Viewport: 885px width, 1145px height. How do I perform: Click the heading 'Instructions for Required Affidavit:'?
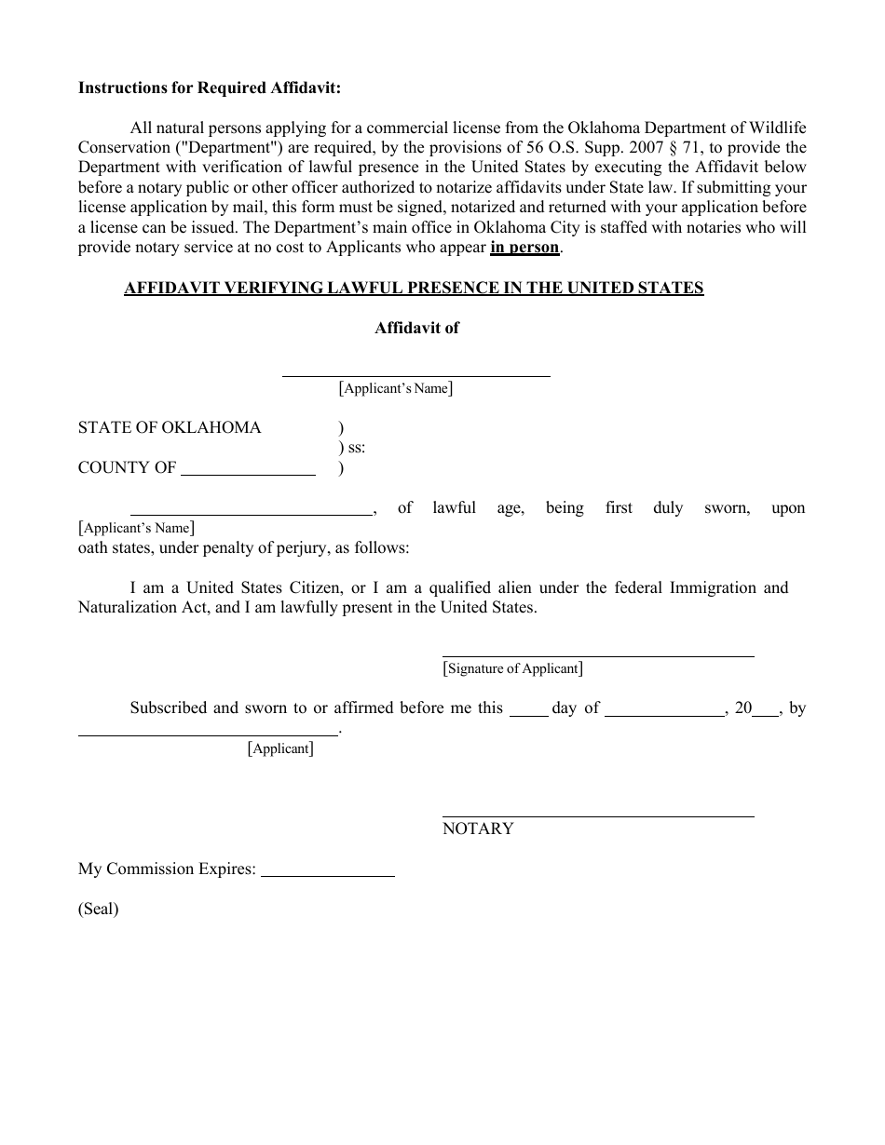tap(210, 88)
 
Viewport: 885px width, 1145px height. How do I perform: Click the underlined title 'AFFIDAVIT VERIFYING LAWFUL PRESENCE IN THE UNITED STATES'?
tap(414, 288)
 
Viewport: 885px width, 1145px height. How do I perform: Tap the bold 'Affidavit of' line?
tap(416, 328)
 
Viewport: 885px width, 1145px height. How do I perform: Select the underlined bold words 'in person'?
tap(524, 248)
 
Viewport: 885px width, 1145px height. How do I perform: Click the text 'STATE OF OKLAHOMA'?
tap(170, 427)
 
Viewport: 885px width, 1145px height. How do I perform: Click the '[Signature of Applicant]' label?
tap(513, 668)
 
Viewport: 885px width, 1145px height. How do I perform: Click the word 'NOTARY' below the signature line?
tap(478, 828)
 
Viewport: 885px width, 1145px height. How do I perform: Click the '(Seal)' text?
tap(98, 909)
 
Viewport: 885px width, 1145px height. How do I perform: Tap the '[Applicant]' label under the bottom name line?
tap(280, 748)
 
